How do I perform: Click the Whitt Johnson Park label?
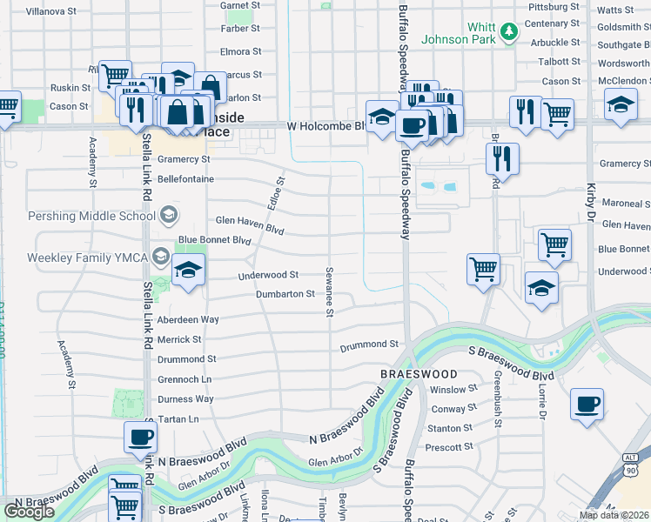tap(458, 33)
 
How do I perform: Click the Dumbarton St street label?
tap(285, 294)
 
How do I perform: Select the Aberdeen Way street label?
tap(188, 319)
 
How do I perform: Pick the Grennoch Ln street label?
tap(185, 379)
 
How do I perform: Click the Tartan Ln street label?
tap(178, 418)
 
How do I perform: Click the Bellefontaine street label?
tap(185, 178)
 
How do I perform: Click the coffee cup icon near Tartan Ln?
tap(140, 436)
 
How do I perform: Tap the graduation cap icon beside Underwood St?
tap(187, 270)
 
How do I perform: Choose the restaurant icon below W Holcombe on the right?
tap(503, 157)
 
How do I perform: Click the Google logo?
tap(29, 512)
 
